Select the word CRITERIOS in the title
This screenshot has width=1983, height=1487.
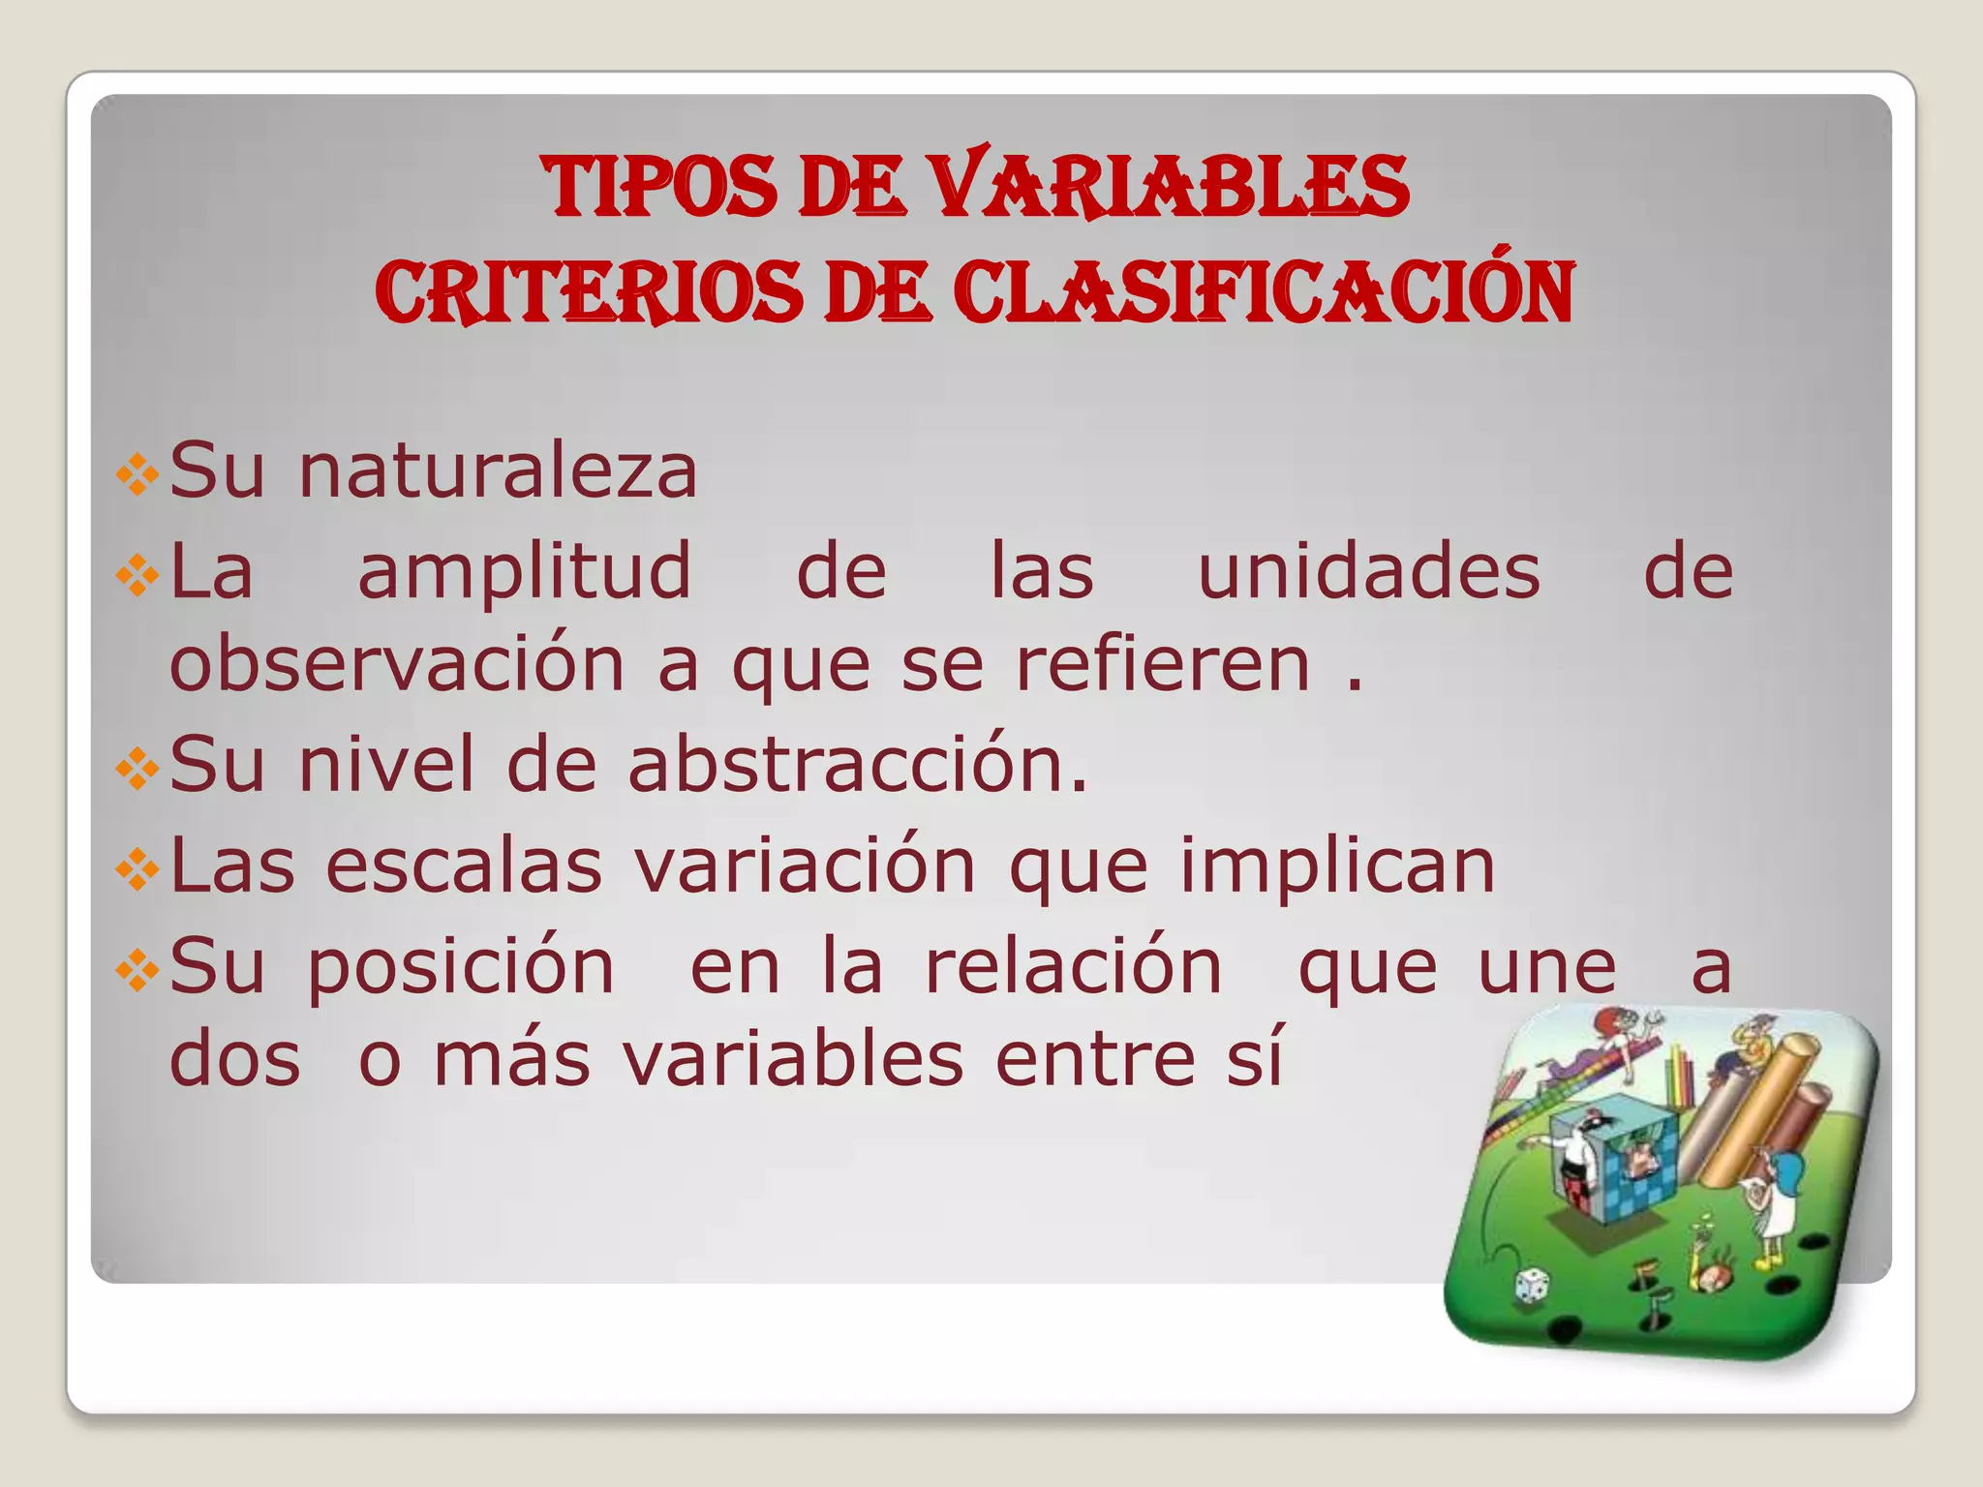point(589,292)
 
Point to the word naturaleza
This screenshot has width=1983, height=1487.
point(498,471)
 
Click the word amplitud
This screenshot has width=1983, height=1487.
point(525,573)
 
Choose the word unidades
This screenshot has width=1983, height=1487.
point(1368,571)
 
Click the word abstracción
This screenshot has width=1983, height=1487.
point(857,765)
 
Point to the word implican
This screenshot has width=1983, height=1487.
point(1337,866)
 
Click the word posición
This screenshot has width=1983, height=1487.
point(461,968)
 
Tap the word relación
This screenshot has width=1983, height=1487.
point(1074,966)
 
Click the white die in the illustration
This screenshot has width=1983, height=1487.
point(1533,1285)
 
